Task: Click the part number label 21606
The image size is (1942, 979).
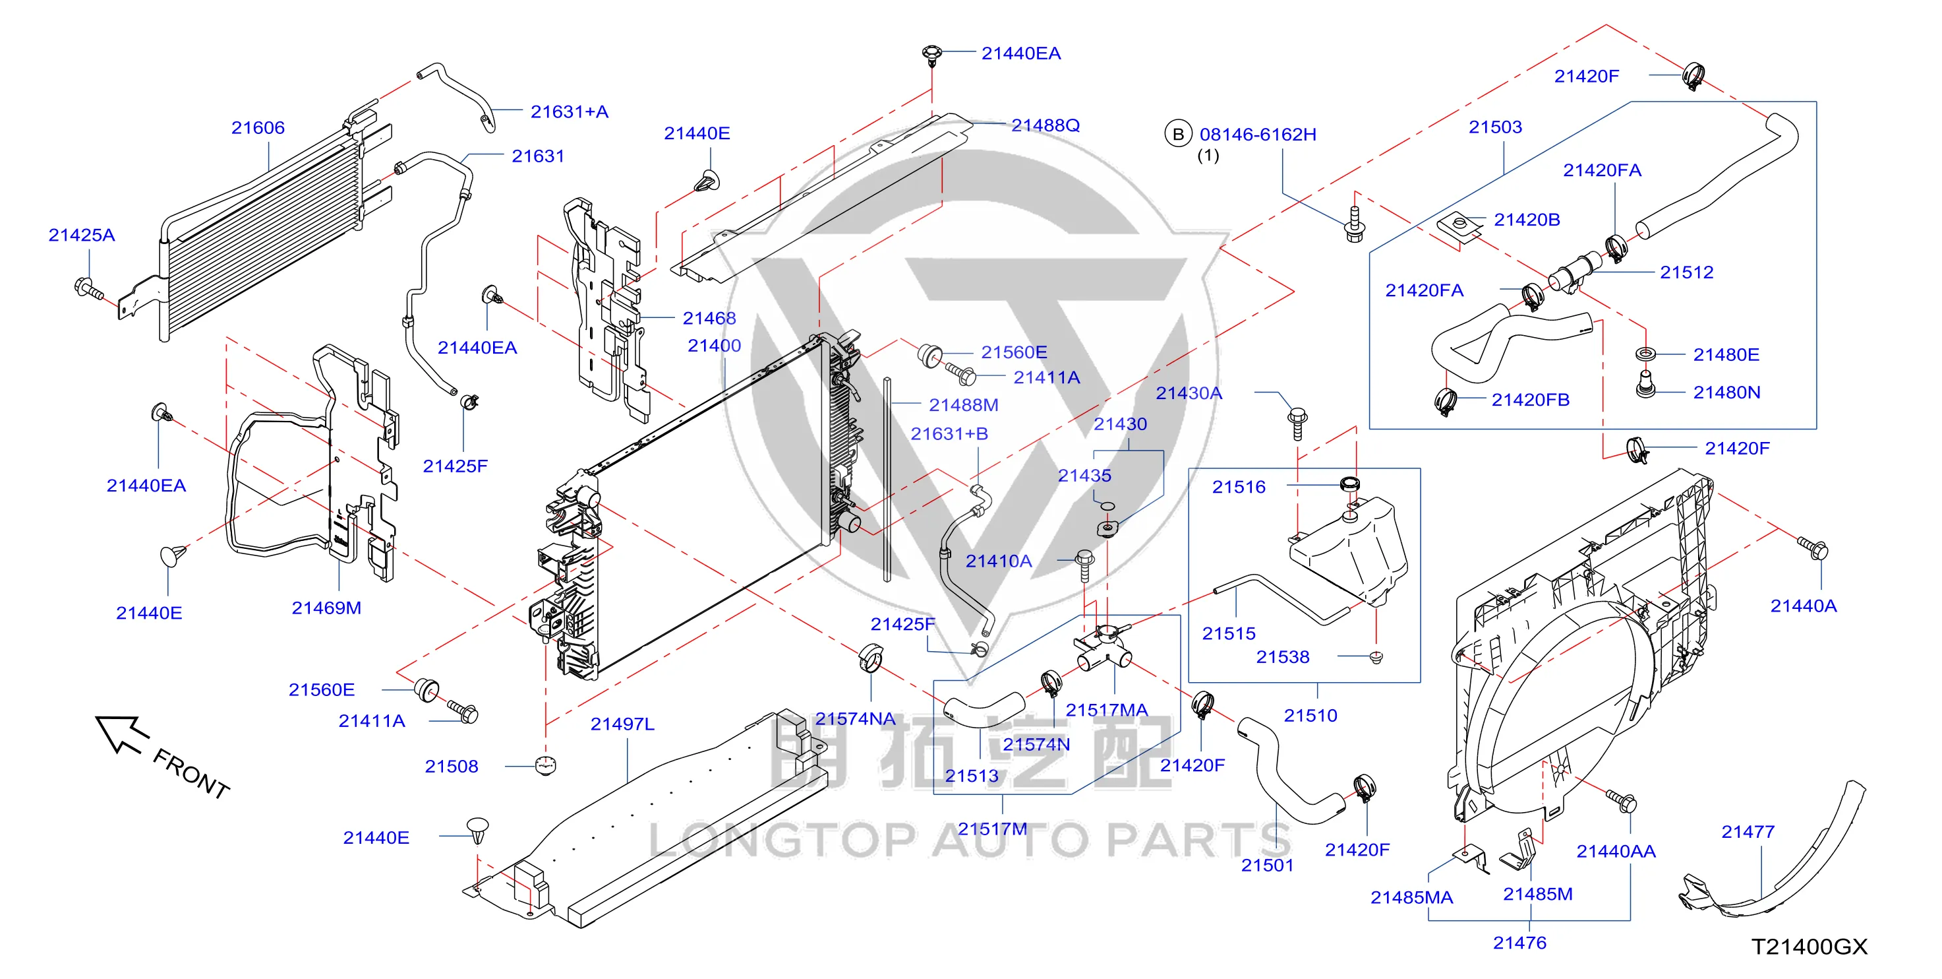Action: coord(258,127)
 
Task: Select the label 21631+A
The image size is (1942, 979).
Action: coord(569,111)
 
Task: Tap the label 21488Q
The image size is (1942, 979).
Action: coord(1045,125)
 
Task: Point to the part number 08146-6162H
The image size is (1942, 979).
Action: coord(1258,135)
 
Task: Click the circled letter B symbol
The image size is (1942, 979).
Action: coord(1177,135)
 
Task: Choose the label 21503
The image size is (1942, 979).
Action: coord(1495,127)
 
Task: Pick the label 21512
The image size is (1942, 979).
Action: coord(1686,272)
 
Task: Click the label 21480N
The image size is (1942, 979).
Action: coord(1726,393)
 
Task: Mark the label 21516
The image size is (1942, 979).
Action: coord(1239,488)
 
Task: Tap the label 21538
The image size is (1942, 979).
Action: coord(1282,657)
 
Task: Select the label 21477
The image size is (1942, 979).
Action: coord(1748,832)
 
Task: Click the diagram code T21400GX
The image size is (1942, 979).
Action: coord(1810,947)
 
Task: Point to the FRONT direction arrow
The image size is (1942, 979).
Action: coord(121,733)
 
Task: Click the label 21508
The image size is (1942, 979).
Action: coord(452,767)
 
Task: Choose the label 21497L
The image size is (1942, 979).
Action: coord(622,724)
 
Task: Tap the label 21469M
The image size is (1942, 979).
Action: coord(326,608)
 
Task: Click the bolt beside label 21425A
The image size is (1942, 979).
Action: coord(89,289)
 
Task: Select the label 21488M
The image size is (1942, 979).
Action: coord(964,405)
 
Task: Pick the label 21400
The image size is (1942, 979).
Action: coord(714,346)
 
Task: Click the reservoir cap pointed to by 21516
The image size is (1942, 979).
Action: coord(1349,484)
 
